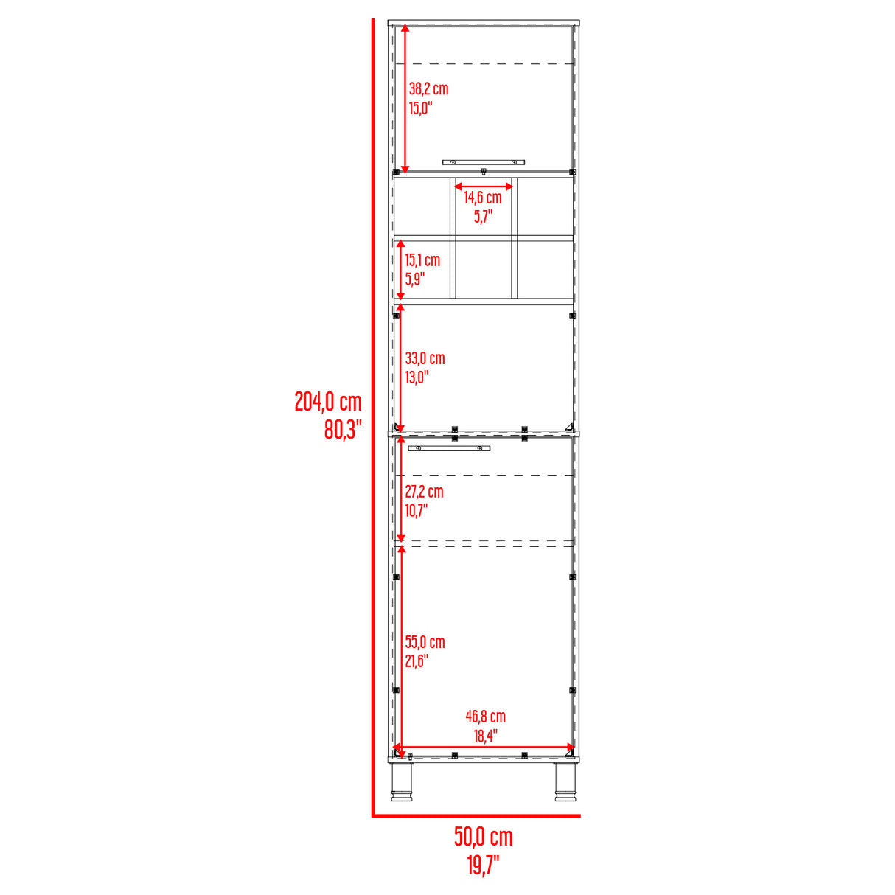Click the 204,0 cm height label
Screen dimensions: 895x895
point(328,402)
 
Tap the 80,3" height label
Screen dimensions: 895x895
point(343,429)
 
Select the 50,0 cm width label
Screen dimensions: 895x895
point(483,837)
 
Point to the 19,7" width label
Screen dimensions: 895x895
point(483,865)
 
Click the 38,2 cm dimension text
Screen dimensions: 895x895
point(428,89)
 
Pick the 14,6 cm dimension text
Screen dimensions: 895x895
point(483,198)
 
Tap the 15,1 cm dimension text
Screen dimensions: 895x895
point(422,260)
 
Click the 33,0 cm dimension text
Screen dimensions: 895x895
point(425,359)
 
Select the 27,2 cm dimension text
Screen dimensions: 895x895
point(425,492)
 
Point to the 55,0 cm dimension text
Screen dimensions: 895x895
point(425,642)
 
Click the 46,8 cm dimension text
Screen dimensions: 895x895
point(485,717)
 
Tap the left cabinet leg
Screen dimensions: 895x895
point(402,782)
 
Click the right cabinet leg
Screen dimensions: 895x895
point(565,782)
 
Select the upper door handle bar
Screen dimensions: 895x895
point(483,161)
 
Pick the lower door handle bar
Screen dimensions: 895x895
point(449,448)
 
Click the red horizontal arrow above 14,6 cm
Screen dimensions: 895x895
point(483,187)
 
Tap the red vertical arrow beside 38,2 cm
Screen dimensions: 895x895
point(405,98)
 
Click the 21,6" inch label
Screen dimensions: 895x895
point(417,661)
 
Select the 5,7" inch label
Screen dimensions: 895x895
point(483,217)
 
